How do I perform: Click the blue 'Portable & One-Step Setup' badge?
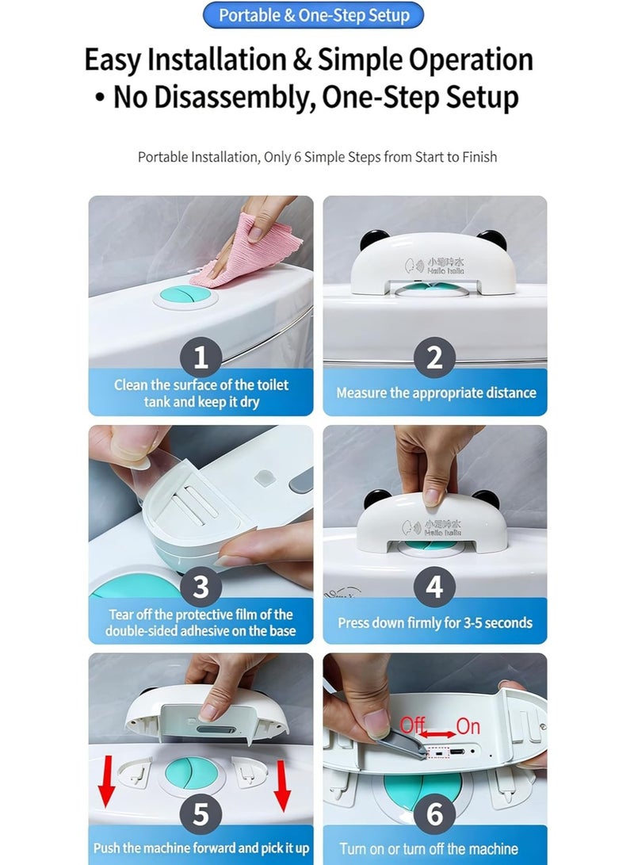click(313, 15)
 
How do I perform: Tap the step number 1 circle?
click(201, 358)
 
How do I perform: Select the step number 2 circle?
click(434, 358)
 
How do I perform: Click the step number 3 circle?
click(201, 587)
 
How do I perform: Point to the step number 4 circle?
click(434, 587)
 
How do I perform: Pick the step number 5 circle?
click(201, 814)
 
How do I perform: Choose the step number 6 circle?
click(434, 814)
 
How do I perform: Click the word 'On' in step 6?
click(468, 726)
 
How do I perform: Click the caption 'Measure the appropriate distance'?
click(436, 393)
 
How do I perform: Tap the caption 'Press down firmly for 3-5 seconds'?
click(435, 623)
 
